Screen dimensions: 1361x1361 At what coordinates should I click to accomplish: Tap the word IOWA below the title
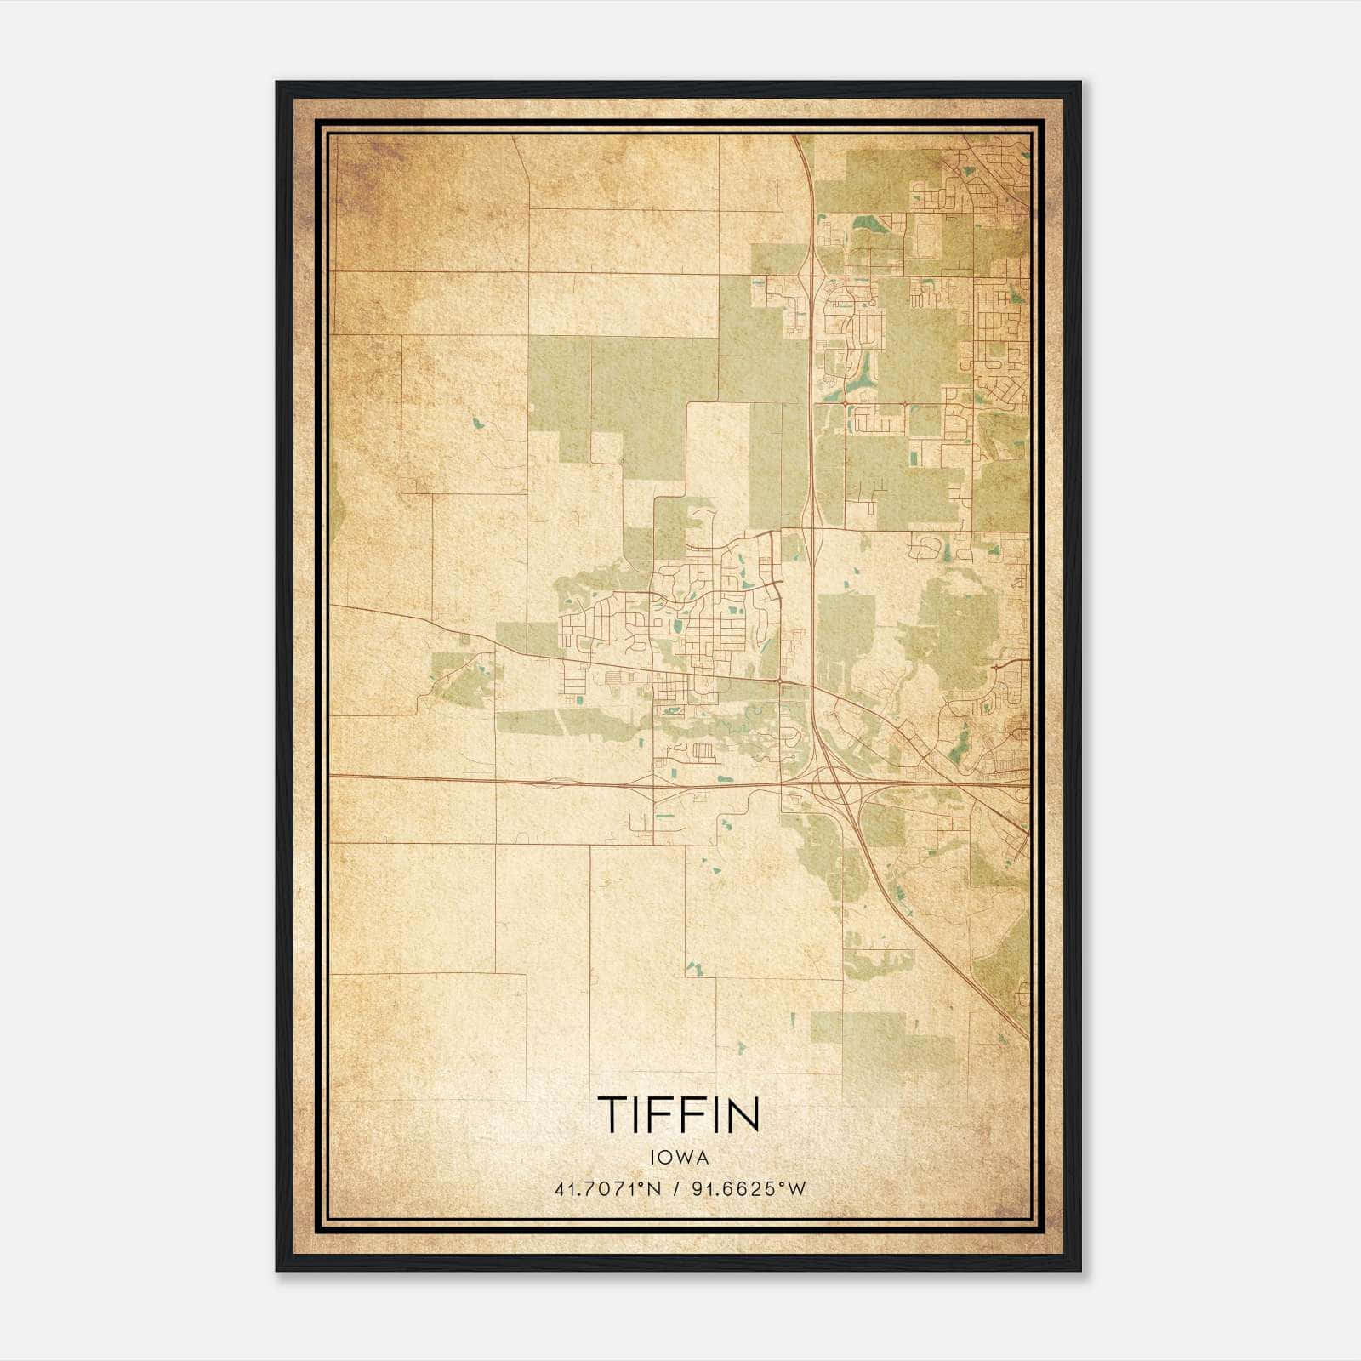(x=678, y=1158)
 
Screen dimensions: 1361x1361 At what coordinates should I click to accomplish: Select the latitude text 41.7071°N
(x=606, y=1189)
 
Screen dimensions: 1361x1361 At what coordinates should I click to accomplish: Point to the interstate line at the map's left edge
(x=333, y=776)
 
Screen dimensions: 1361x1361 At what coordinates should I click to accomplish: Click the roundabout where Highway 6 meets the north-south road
(x=781, y=680)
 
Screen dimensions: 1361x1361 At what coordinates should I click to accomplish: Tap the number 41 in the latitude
(x=563, y=1189)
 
